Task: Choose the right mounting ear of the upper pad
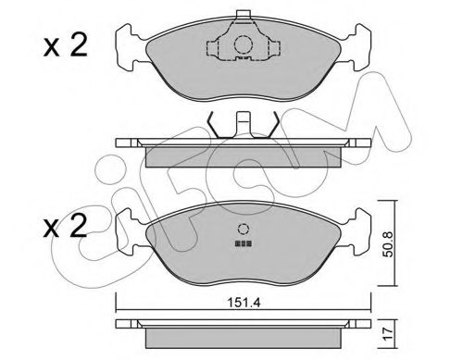pyautogui.click(x=360, y=45)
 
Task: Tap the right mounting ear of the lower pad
pyautogui.click(x=360, y=232)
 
